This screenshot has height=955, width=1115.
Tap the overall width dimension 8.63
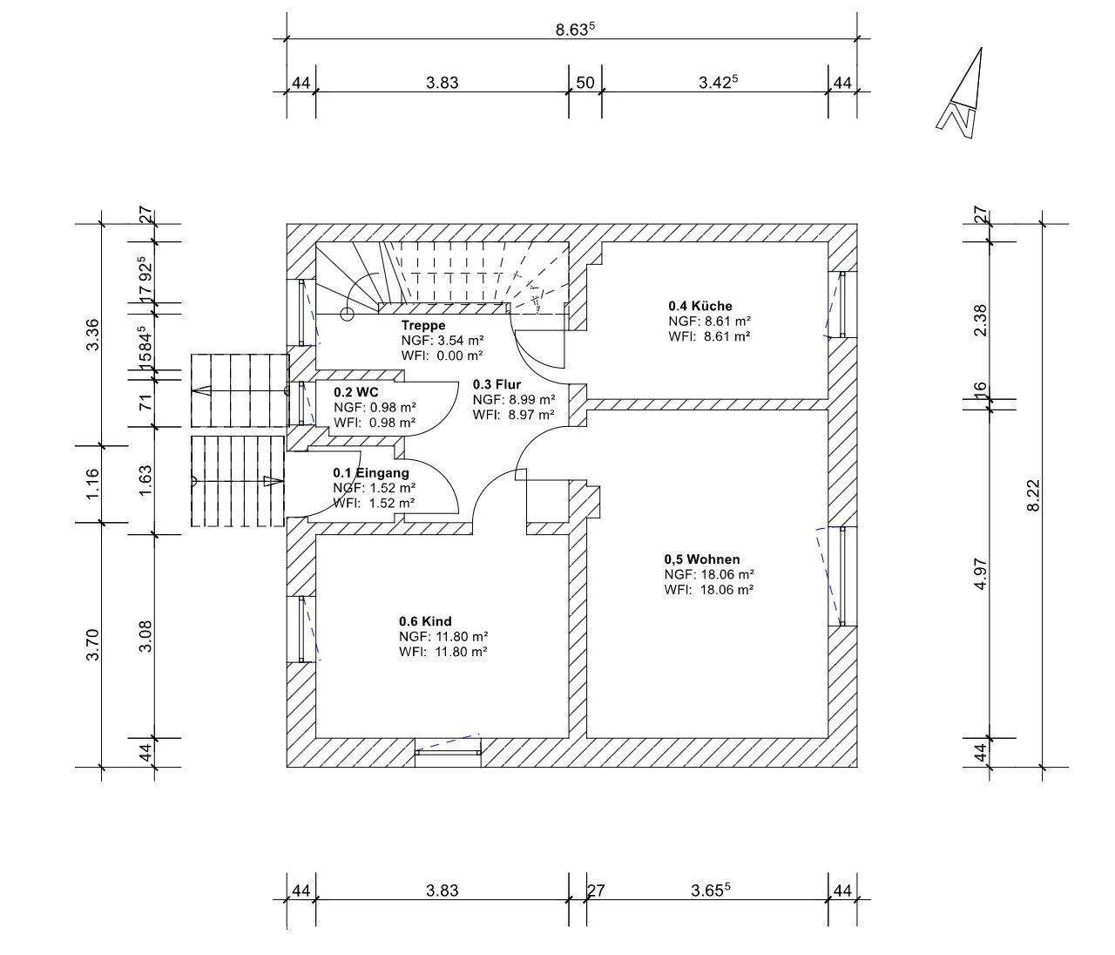575,29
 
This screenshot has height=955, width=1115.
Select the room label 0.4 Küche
700,306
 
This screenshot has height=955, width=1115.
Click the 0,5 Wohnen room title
702,559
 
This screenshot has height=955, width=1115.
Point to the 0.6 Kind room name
425,621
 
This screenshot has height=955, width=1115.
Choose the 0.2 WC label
356,392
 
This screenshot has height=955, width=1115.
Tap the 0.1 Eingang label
370,472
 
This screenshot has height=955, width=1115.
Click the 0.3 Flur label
497,384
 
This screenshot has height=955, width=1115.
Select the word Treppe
423,325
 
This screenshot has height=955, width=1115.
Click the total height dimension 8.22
1033,495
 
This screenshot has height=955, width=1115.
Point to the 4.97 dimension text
981,573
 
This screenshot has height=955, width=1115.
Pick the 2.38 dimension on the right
981,321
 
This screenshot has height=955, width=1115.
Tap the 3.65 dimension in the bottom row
711,890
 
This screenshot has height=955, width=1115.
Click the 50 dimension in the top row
585,83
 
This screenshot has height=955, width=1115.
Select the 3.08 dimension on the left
145,637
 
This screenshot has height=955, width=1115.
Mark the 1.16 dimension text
93,484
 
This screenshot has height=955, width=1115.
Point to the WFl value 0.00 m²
460,356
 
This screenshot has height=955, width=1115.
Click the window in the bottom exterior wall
448,752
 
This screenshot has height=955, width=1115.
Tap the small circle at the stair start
347,314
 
